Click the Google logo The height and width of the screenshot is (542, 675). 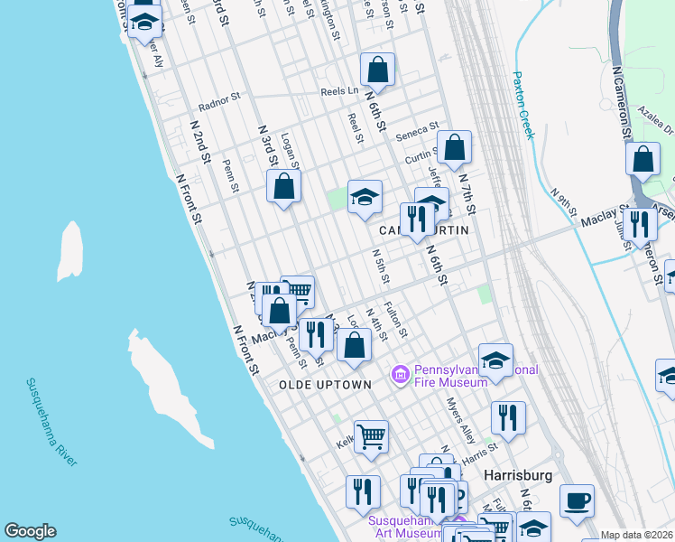pyautogui.click(x=30, y=531)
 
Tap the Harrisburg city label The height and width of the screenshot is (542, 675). pyautogui.click(x=516, y=473)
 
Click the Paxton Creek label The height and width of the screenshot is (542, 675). pyautogui.click(x=523, y=105)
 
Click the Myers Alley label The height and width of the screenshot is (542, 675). pyautogui.click(x=462, y=420)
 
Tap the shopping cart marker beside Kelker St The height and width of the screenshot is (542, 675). pyautogui.click(x=370, y=437)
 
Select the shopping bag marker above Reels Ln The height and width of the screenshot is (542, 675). pyautogui.click(x=377, y=69)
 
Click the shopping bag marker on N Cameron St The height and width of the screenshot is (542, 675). pyautogui.click(x=643, y=159)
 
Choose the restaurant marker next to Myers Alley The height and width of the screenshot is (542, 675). pyautogui.click(x=508, y=417)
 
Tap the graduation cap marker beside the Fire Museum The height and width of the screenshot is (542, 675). pyautogui.click(x=495, y=360)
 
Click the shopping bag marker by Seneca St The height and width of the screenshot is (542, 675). pyautogui.click(x=454, y=146)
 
